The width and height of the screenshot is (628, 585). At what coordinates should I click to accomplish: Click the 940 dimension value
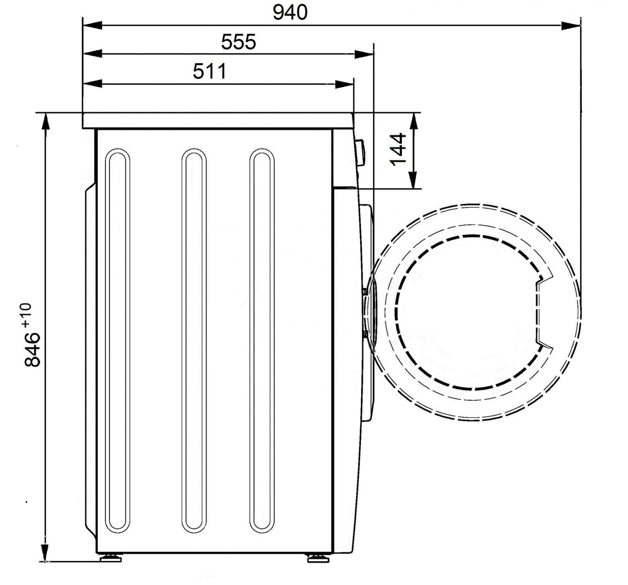coord(290,13)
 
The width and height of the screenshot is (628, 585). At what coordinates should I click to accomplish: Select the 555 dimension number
coord(238,42)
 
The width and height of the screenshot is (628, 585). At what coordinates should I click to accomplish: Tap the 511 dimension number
coord(209,71)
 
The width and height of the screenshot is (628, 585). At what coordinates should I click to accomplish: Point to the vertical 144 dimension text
coord(398,149)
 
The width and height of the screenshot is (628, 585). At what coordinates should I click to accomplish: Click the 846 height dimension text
coord(32,349)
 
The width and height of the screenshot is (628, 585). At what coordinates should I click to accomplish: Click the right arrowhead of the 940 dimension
coord(571,25)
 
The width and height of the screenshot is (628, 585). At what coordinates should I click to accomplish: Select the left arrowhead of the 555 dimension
coord(92,54)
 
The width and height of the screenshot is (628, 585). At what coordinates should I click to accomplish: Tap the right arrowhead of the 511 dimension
coord(344,84)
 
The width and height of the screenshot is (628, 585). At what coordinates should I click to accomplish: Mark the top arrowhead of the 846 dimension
coord(46,122)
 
